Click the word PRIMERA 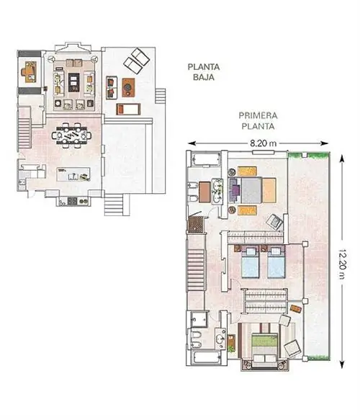258,116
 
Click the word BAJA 204,77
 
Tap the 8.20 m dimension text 264,143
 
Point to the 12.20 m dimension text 342,264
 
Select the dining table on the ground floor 71,135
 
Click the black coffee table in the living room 73,82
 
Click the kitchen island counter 73,174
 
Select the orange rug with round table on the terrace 128,87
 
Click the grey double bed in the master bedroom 251,190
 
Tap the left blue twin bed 251,262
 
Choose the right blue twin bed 276,262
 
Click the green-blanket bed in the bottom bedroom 265,346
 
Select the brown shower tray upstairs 196,224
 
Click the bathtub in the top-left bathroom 206,160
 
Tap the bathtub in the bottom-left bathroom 207,357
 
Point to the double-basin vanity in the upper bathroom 217,191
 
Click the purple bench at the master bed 235,190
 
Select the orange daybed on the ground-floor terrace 128,110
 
